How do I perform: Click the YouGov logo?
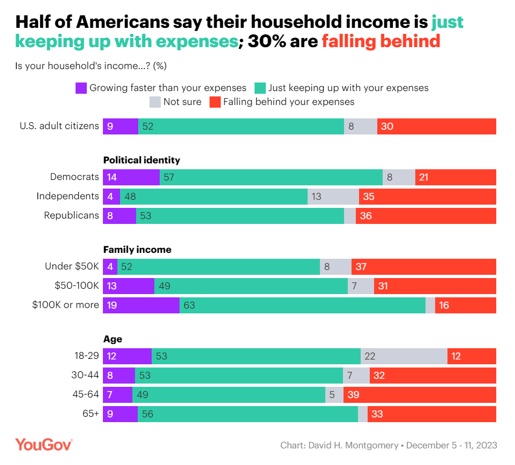(x=43, y=445)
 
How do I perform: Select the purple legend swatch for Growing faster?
(x=81, y=88)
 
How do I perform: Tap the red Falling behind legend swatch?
(x=215, y=102)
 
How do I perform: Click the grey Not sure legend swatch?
(x=155, y=102)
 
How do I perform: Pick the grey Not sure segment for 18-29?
(x=404, y=356)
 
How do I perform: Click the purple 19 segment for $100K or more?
(x=141, y=305)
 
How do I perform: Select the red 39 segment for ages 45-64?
(x=420, y=395)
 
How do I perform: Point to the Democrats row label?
(x=74, y=177)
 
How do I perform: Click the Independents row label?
(x=68, y=196)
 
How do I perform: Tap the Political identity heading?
(x=141, y=160)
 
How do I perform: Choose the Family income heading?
(x=137, y=250)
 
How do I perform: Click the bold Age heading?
(x=113, y=339)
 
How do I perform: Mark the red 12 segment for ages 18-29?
(x=472, y=356)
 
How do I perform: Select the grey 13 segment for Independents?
(x=333, y=197)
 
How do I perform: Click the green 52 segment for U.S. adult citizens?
(x=241, y=126)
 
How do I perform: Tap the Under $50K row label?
(x=72, y=266)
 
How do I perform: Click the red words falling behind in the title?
(x=381, y=41)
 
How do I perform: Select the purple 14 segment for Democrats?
(x=131, y=177)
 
